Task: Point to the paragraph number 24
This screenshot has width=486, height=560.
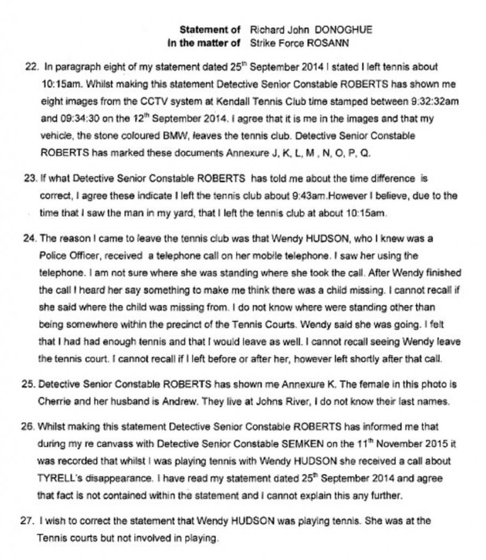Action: (32, 240)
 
